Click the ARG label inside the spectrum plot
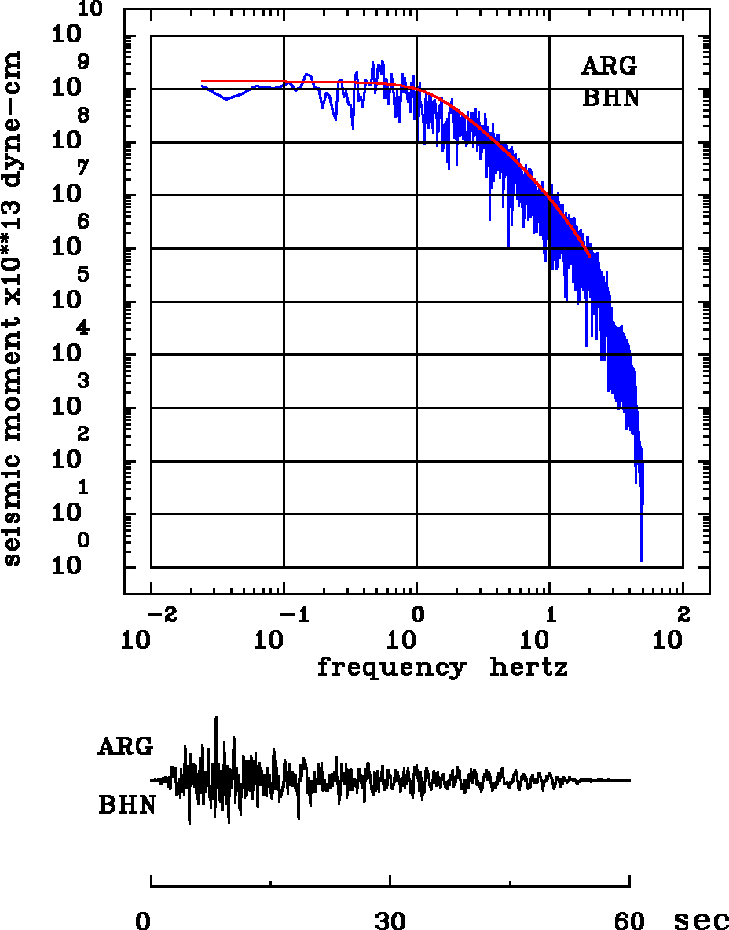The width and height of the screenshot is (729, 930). [609, 66]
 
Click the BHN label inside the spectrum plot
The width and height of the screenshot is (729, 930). [610, 98]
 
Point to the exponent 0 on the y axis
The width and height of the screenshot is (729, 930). [83, 541]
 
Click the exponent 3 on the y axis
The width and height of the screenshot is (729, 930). [83, 382]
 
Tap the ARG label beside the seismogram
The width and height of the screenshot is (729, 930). [125, 746]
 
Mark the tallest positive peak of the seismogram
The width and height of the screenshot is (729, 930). [216, 717]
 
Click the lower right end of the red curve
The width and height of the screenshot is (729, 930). [589, 255]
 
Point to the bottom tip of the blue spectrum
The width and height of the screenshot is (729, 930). [642, 561]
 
